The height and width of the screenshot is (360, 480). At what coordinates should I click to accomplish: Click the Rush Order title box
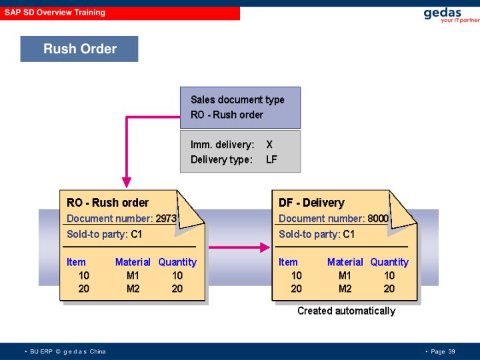(79, 49)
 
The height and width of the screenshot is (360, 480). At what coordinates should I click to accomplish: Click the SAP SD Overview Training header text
(55, 13)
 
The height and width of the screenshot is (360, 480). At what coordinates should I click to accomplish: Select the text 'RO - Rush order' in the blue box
(227, 115)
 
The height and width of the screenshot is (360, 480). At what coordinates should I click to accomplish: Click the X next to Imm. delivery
(269, 145)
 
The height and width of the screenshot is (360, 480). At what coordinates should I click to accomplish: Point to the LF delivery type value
(271, 159)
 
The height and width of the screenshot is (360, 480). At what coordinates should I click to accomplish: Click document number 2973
(165, 219)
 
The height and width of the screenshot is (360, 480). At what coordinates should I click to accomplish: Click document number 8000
(377, 219)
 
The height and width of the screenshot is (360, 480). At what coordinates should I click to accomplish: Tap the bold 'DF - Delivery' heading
(311, 203)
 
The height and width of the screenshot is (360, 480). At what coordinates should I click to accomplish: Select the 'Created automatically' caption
(346, 311)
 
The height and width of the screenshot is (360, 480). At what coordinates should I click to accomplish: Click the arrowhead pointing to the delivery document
(265, 247)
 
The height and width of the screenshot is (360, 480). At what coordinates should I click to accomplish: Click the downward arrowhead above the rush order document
(127, 182)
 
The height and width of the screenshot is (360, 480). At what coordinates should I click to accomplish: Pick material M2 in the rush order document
(133, 289)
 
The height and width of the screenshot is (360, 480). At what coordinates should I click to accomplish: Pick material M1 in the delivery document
(345, 275)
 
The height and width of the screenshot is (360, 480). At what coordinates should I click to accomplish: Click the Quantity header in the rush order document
(177, 262)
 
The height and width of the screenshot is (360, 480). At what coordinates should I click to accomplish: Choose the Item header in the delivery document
(288, 262)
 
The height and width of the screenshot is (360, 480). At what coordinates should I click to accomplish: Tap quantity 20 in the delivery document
(389, 289)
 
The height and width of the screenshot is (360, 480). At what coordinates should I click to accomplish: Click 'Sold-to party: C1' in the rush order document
(104, 235)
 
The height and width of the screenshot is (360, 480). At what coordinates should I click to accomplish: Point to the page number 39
(451, 351)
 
